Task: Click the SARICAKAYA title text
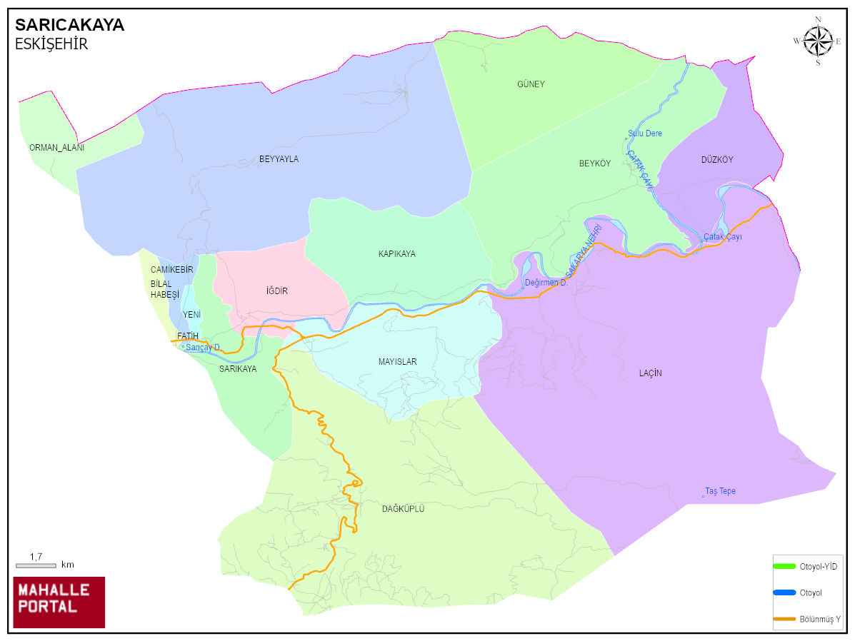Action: [69, 25]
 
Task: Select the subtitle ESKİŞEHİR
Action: [51, 44]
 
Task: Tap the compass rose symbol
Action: [818, 41]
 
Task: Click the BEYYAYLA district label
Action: [279, 159]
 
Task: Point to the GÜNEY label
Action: [531, 84]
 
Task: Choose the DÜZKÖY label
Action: [717, 160]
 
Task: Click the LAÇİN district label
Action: [650, 373]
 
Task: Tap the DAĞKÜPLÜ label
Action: [404, 509]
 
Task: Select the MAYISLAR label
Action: [397, 362]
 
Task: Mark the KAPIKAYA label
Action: [396, 254]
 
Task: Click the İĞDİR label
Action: [276, 291]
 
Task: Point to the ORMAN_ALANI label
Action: [56, 148]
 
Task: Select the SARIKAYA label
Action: [238, 369]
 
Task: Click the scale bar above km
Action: [36, 565]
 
